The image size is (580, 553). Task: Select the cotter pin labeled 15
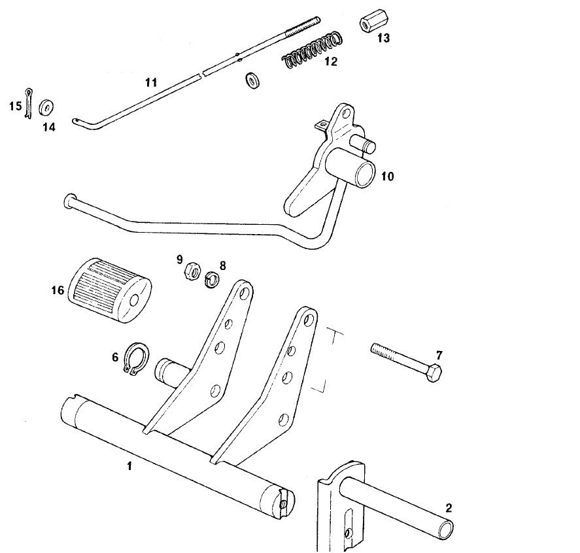point(29,103)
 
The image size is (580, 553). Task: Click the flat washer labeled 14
point(46,107)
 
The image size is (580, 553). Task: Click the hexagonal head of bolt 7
point(435,375)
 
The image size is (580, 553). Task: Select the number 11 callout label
point(151,82)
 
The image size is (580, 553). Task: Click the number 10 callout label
point(388,176)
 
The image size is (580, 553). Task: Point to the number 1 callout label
point(129,466)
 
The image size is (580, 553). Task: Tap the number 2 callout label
point(448,508)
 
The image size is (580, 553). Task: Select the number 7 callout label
point(439,355)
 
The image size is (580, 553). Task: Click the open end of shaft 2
point(447,526)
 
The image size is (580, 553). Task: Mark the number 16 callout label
point(58,288)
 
